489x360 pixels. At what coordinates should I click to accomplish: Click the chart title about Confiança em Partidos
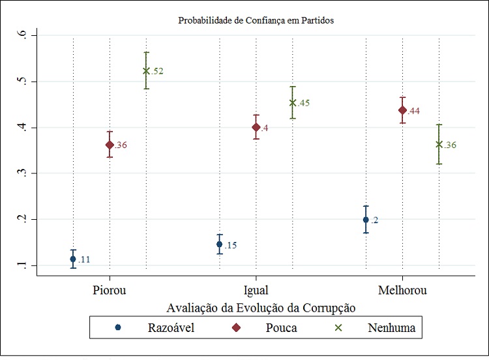[x=256, y=20]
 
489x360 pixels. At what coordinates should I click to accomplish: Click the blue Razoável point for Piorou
[x=73, y=259]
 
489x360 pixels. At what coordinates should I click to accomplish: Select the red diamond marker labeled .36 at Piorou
[x=110, y=145]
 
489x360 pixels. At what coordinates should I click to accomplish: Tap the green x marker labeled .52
[x=146, y=70]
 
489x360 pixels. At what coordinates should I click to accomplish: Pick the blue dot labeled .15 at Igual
[x=220, y=244]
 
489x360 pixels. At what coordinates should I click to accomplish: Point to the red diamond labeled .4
[x=256, y=127]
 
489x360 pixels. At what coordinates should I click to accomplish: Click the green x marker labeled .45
[x=293, y=102]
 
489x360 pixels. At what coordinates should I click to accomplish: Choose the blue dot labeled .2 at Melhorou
[x=366, y=220]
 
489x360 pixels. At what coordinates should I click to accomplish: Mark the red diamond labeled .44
[x=403, y=110]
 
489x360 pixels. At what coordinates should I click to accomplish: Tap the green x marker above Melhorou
[x=439, y=144]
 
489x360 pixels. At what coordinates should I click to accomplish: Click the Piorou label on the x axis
[x=109, y=290]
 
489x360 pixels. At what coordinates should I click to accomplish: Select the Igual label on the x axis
[x=255, y=290]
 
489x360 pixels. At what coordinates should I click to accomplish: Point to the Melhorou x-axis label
[x=402, y=290]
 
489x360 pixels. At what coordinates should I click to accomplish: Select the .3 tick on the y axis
[x=25, y=173]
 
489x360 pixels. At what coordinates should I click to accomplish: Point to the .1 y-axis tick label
[x=25, y=265]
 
